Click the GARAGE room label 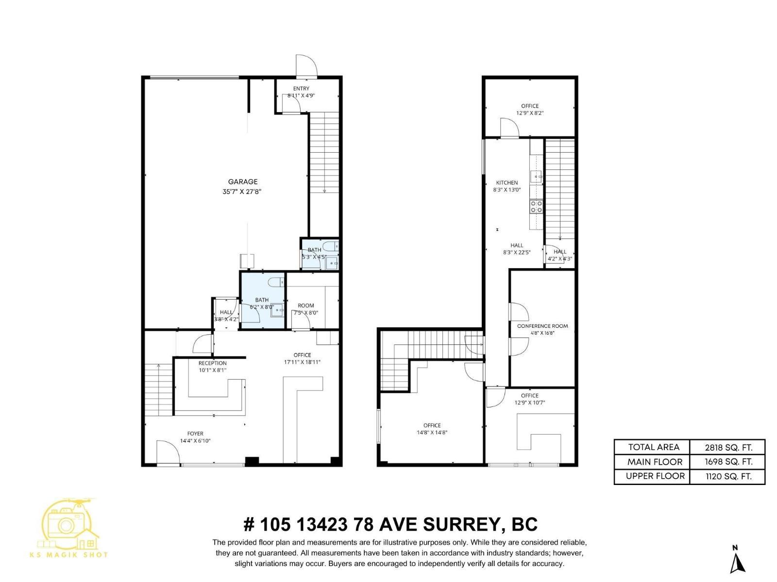click(x=243, y=182)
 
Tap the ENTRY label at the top click(x=301, y=88)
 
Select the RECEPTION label click(x=212, y=363)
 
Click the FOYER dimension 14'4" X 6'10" click(x=195, y=441)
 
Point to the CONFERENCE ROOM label click(x=542, y=326)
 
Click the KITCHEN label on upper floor click(x=507, y=183)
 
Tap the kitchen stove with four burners click(x=536, y=207)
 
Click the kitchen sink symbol click(x=537, y=177)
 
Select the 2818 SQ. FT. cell click(x=728, y=447)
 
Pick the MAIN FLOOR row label click(x=655, y=462)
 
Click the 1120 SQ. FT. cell click(x=728, y=476)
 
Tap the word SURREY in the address click(x=459, y=524)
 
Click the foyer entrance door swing click(x=168, y=452)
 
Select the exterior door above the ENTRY click(x=306, y=66)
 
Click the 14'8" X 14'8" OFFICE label click(x=432, y=429)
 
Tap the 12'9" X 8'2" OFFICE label click(x=530, y=109)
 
